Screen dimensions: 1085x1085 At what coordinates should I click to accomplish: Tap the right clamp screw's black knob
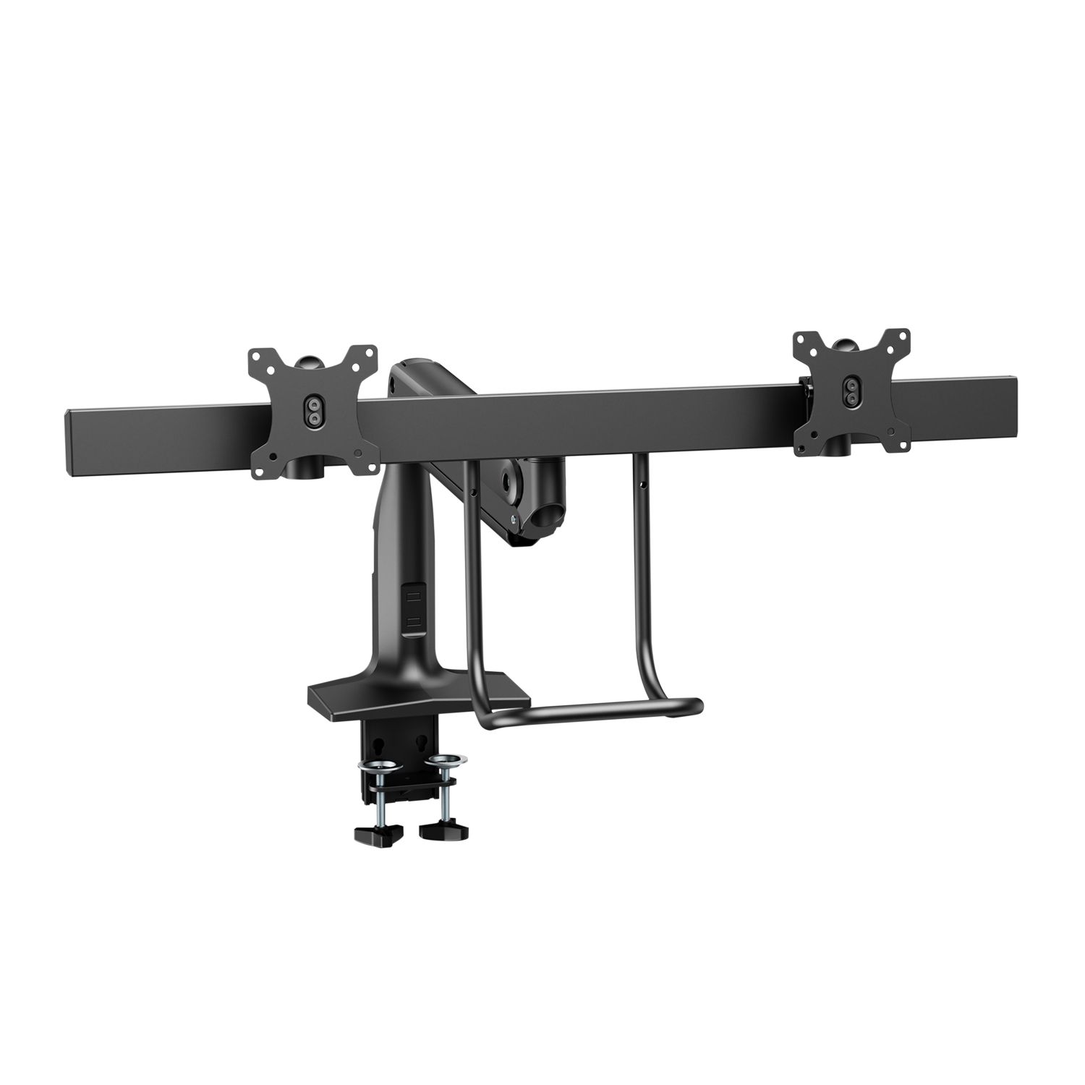[x=441, y=826]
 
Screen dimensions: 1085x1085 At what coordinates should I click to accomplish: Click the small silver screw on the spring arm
[x=513, y=518]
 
